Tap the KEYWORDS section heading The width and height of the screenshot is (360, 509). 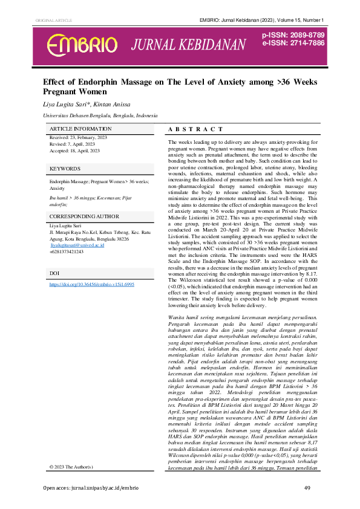64,168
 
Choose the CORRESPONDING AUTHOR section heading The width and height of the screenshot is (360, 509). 83,216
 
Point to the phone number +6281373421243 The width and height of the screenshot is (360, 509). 66,251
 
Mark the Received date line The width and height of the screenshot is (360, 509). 78,138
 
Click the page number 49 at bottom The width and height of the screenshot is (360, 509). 307,488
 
